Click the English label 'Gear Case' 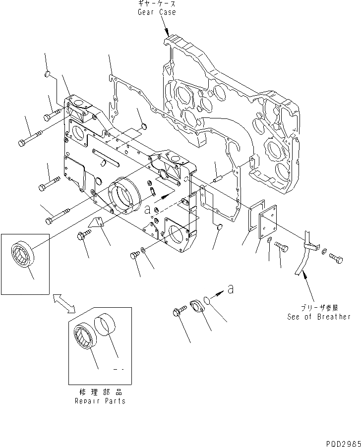click(x=157, y=12)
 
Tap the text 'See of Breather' click(x=318, y=317)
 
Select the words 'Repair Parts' click(x=100, y=401)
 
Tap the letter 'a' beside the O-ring click(x=230, y=289)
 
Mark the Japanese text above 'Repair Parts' click(x=100, y=392)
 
